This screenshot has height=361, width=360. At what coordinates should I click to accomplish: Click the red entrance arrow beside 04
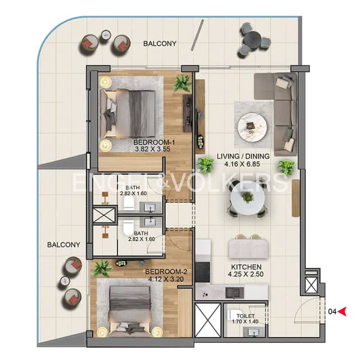342,312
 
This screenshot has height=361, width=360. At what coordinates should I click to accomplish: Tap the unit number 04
332,312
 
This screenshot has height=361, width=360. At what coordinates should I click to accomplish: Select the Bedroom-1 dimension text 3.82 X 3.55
153,149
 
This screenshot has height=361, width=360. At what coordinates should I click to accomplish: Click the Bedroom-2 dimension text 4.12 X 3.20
166,279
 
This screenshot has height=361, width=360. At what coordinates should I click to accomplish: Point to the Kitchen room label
246,267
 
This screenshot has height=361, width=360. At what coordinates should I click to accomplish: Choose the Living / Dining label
243,156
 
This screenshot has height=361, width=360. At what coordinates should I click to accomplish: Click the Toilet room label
246,316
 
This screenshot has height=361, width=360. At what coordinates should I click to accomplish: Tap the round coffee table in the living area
252,126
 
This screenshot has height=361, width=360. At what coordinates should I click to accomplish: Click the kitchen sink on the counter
234,293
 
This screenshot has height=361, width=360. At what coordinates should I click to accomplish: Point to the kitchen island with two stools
248,249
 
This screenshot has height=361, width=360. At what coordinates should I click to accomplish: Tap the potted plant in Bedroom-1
183,84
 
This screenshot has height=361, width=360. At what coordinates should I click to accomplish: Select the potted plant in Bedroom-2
102,269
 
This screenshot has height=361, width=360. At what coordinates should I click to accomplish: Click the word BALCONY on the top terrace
160,44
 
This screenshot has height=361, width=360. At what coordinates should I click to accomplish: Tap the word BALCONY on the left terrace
63,245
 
